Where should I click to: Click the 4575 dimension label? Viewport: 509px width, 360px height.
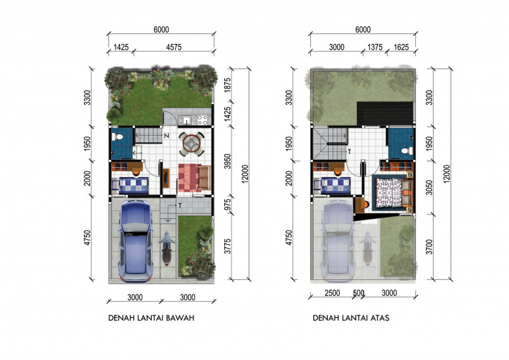click(174, 47)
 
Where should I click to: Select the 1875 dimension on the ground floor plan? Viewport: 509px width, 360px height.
click(228, 85)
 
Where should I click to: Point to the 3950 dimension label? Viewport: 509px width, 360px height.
click(228, 161)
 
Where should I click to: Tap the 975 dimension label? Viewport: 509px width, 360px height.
click(228, 205)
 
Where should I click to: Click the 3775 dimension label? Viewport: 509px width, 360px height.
click(228, 246)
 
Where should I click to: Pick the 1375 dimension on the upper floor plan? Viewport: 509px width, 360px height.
click(375, 47)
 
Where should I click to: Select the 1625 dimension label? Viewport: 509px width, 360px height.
click(401, 47)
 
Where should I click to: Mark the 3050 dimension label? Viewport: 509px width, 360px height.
click(430, 188)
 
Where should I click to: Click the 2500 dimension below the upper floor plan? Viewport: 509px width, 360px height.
click(333, 293)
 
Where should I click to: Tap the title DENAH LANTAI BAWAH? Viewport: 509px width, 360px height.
click(152, 318)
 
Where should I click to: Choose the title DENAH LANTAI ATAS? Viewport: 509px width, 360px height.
click(351, 318)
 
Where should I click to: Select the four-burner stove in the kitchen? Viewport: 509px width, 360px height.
click(203, 120)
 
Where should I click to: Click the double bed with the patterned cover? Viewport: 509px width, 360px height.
click(394, 193)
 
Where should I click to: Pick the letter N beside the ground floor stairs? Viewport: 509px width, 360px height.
click(166, 136)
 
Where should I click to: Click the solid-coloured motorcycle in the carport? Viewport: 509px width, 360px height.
click(167, 249)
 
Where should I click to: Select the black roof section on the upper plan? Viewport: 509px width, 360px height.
click(385, 113)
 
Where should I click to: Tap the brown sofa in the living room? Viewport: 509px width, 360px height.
click(205, 177)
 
